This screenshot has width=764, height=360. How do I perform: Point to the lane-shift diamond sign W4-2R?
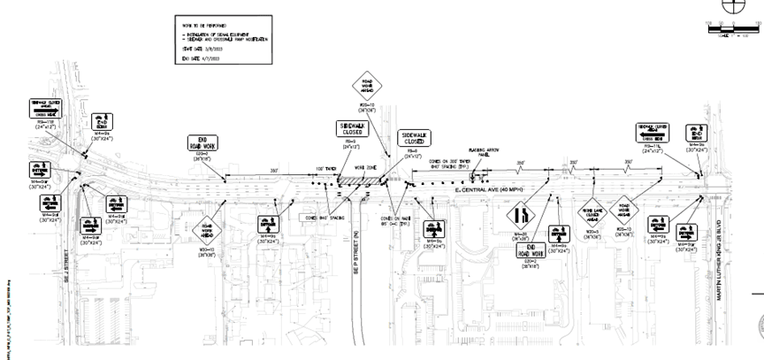pyautogui.click(x=522, y=215)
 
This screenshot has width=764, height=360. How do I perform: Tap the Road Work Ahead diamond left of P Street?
pyautogui.click(x=207, y=230)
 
